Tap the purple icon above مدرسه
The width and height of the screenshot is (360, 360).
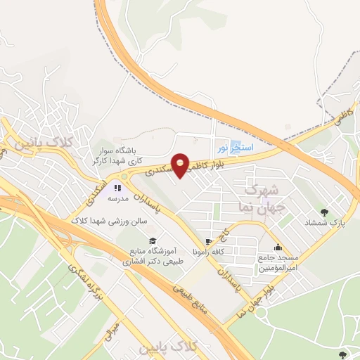(117, 188)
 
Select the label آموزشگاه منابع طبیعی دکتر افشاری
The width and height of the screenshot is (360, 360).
(153, 255)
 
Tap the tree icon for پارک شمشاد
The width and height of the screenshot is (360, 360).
(323, 211)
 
